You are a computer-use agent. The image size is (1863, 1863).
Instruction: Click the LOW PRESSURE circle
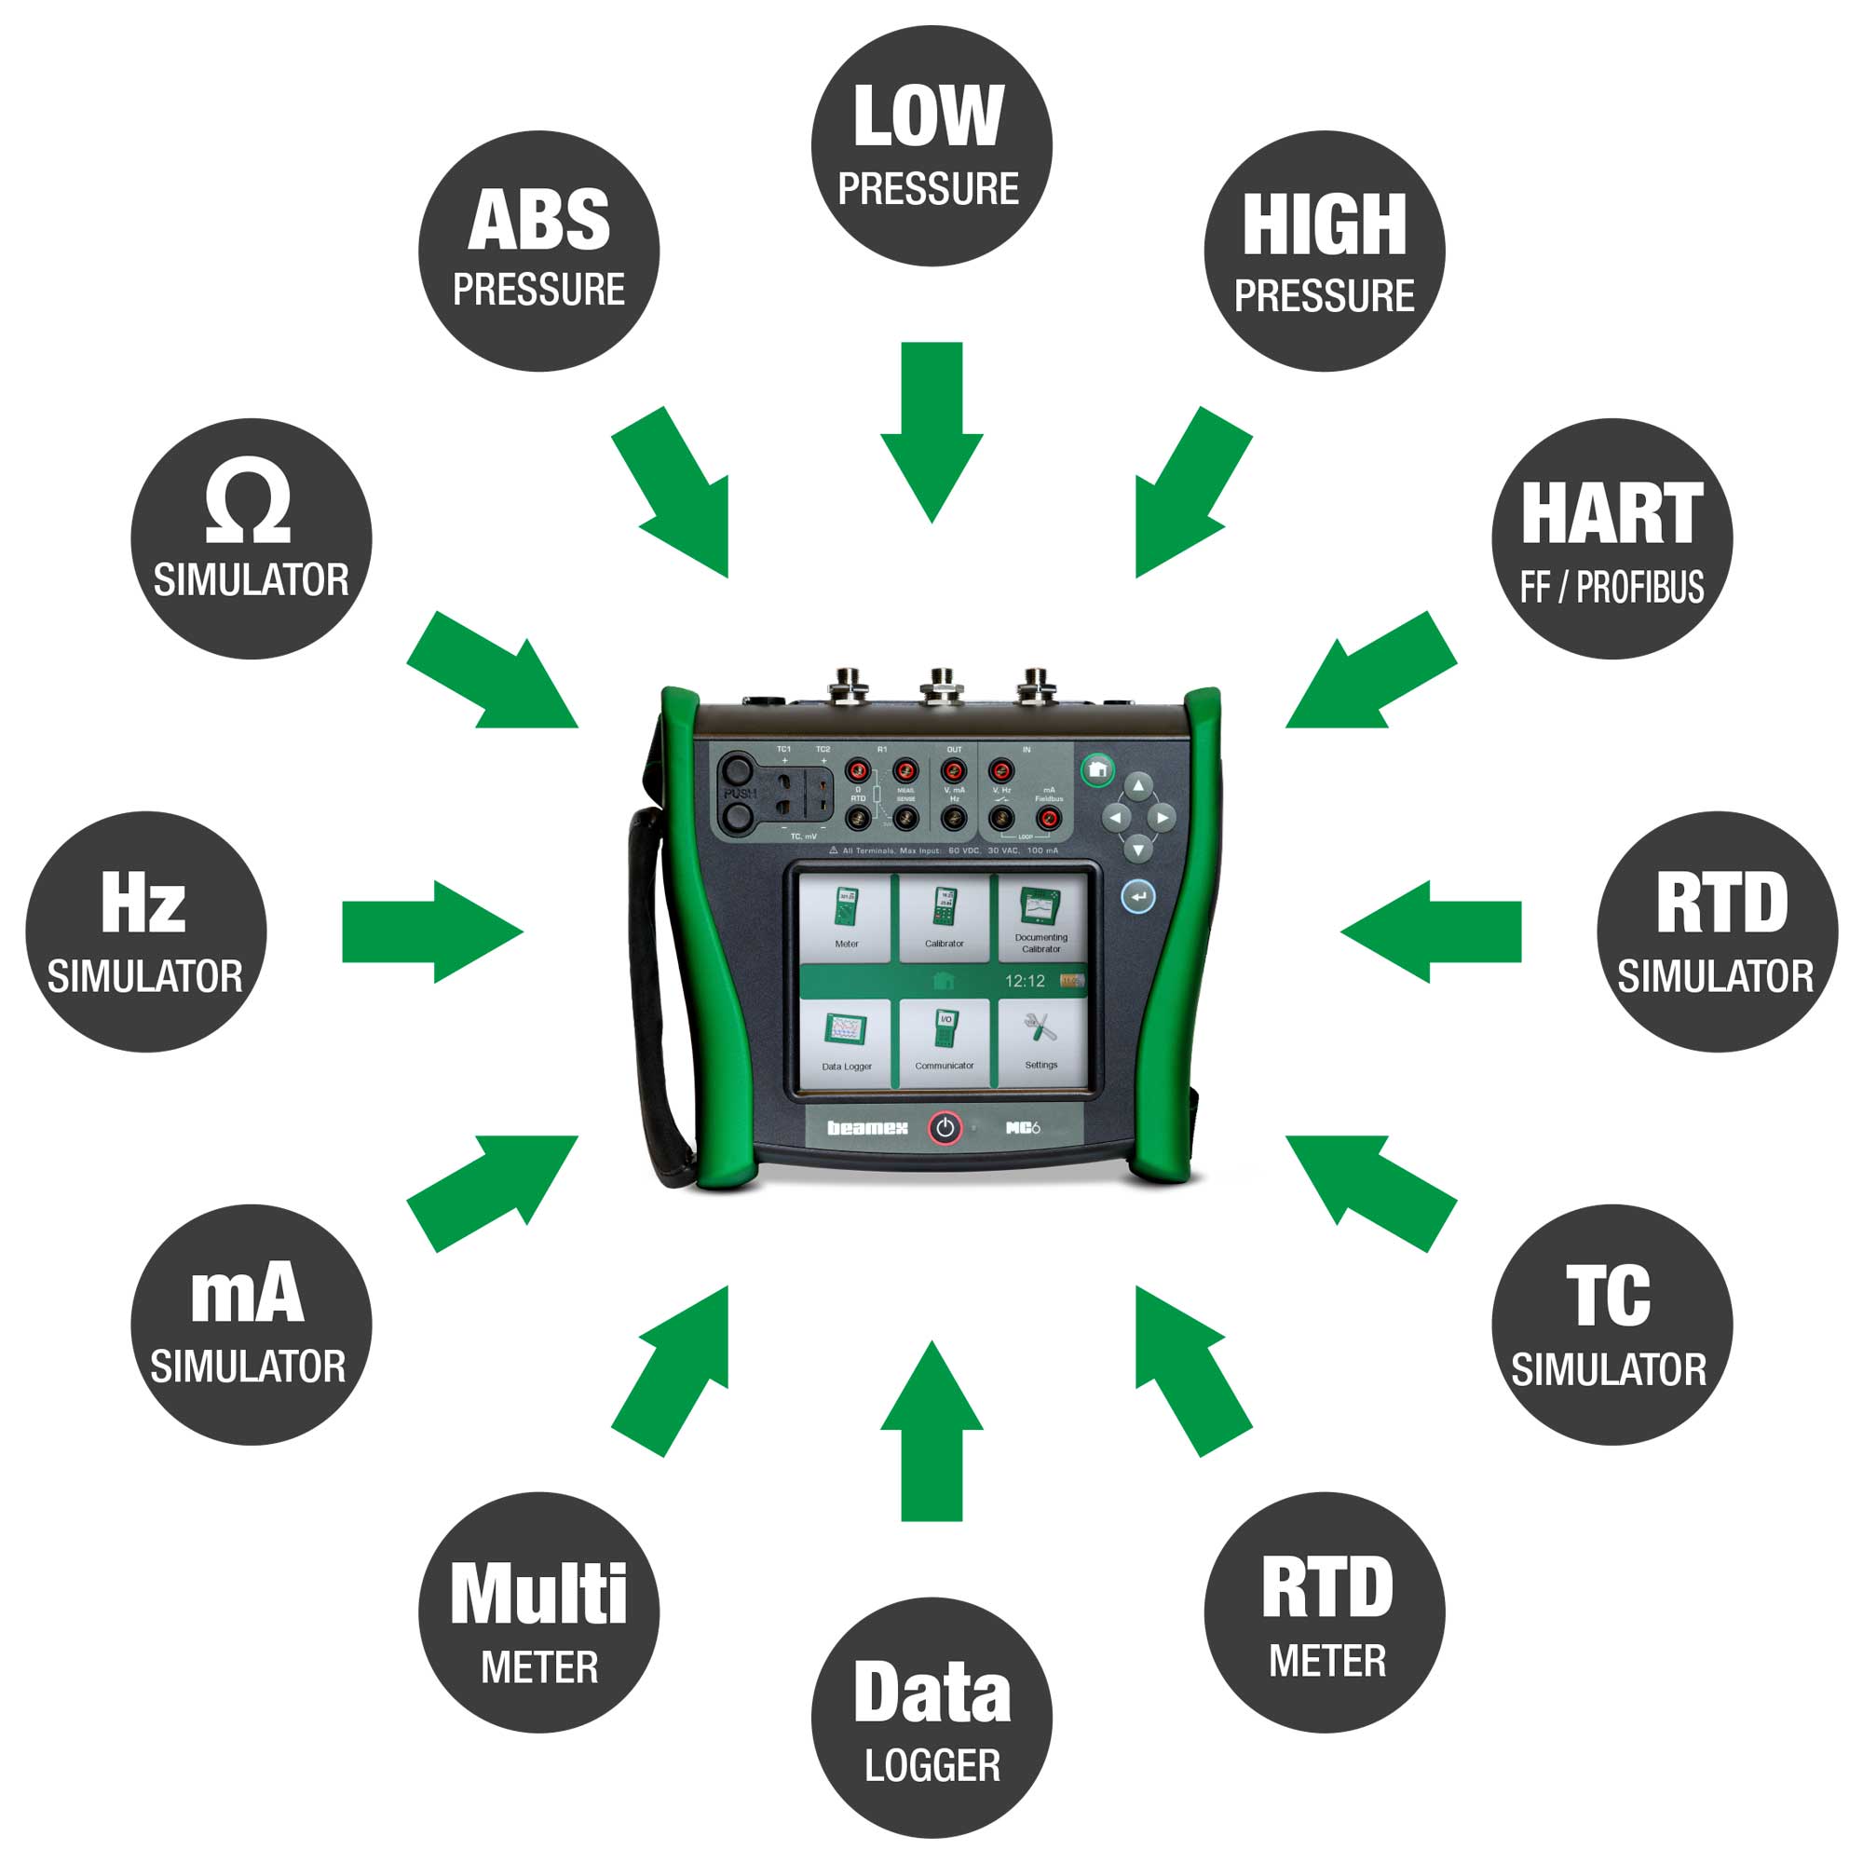point(931,145)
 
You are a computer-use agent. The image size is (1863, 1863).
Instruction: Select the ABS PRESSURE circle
point(538,251)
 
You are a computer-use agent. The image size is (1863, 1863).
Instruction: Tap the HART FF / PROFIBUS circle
point(1611,538)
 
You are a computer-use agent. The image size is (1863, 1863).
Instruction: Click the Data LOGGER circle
point(931,1718)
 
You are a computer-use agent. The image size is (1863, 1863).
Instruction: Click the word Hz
point(143,903)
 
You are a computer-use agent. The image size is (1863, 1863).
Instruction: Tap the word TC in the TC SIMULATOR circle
point(1608,1296)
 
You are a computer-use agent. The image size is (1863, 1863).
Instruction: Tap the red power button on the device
point(945,1127)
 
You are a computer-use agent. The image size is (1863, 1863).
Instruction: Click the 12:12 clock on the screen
point(1024,981)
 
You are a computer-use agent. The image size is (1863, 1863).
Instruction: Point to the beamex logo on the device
point(867,1127)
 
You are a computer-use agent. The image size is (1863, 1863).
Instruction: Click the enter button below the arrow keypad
point(1138,897)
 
